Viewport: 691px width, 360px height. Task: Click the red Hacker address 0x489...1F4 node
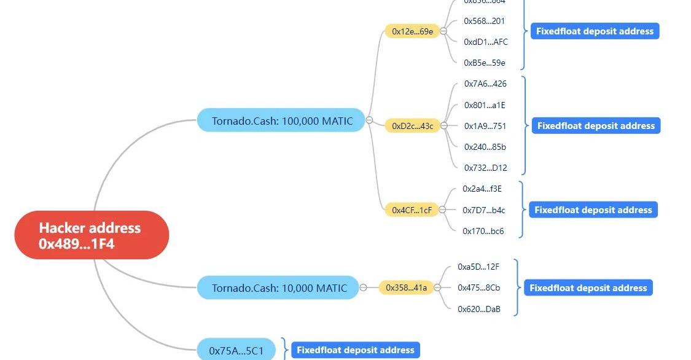coord(92,235)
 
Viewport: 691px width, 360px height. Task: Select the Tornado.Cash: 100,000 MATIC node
coord(282,120)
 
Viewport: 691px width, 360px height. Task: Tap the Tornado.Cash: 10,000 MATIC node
coord(279,288)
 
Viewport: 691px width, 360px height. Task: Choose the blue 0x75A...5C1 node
coord(236,350)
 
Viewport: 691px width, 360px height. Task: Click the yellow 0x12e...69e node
coord(412,31)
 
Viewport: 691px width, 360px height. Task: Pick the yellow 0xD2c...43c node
coord(412,126)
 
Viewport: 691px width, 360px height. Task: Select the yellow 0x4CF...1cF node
coord(412,210)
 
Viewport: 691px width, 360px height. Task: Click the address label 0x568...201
coord(484,21)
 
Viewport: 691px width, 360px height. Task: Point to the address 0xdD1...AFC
coord(486,42)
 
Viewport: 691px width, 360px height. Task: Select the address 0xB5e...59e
coord(485,63)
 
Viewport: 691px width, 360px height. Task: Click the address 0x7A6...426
coord(485,84)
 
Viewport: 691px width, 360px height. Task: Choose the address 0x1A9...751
coord(485,126)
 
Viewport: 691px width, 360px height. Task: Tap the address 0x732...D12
coord(485,168)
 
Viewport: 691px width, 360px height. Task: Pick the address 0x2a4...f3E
coord(482,189)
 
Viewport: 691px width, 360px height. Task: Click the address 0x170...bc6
coord(483,231)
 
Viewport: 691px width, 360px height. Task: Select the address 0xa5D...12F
coord(478,267)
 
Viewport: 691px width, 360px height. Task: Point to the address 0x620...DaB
coord(479,309)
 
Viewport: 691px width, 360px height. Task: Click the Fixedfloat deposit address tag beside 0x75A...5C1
coord(355,350)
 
